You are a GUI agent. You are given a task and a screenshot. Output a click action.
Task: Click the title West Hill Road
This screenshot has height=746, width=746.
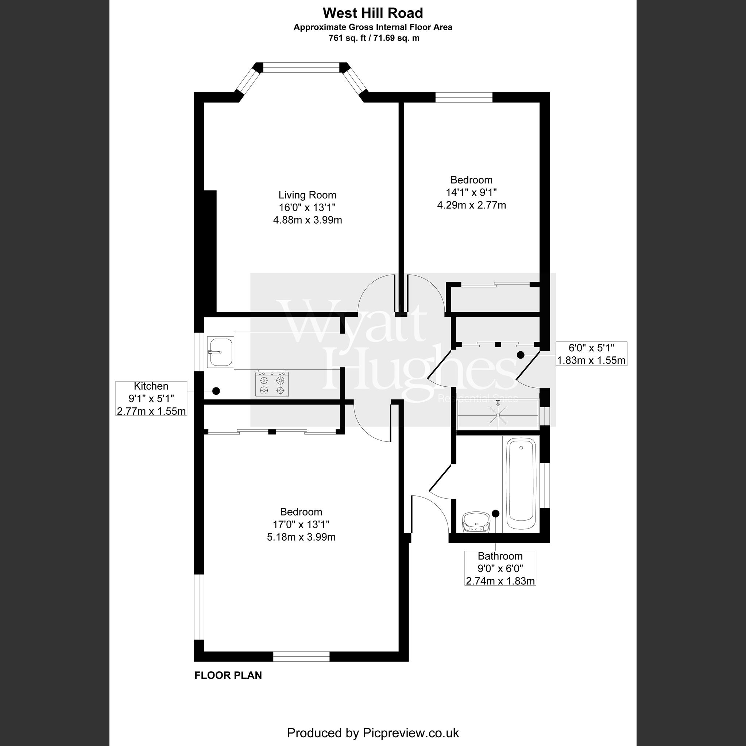[372, 13]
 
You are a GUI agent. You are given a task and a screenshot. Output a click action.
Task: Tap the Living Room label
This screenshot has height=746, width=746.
[308, 195]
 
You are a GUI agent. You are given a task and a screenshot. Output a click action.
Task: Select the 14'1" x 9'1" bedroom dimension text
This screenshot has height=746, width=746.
[471, 192]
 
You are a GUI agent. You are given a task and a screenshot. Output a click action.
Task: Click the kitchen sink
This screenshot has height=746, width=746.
[220, 351]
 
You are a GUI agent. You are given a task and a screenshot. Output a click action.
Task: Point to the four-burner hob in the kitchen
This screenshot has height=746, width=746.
[272, 383]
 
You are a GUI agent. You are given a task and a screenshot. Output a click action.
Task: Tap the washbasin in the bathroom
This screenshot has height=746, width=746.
[476, 522]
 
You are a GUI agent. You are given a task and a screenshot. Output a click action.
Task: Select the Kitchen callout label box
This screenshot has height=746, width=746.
[151, 398]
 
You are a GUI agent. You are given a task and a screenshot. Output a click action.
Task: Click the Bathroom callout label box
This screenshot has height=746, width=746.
[500, 568]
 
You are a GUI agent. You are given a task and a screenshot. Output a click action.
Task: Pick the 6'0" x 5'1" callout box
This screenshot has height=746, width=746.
[591, 353]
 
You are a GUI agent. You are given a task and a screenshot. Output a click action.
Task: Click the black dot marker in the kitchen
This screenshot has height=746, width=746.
[217, 391]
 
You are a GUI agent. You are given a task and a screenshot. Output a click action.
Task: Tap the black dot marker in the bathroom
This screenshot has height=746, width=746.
[495, 514]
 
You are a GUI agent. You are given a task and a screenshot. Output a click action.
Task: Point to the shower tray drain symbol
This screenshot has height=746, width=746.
[498, 415]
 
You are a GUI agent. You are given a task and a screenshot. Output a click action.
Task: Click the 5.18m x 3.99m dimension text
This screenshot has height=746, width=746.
[301, 537]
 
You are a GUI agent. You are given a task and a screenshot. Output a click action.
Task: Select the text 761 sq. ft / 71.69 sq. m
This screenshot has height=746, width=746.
[372, 38]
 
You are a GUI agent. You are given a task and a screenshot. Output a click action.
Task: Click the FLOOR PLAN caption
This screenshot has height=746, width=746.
[228, 675]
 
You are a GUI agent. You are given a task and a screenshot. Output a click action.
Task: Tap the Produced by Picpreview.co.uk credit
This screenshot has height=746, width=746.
[372, 733]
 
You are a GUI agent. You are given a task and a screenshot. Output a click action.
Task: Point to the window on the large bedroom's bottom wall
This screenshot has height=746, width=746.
[302, 656]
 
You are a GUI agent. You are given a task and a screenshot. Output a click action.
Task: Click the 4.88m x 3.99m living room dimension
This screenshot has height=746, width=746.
[308, 220]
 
